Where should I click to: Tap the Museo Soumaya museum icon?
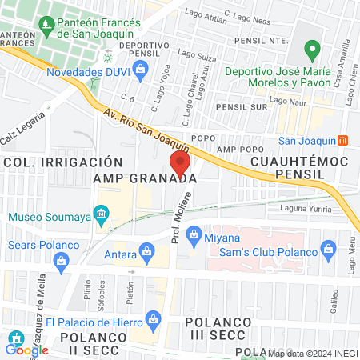[x=101, y=214]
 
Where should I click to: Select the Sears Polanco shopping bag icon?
[x=61, y=259]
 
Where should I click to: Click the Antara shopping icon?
[x=146, y=254]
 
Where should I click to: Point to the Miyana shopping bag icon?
[x=193, y=234]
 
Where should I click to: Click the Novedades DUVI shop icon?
[x=141, y=70]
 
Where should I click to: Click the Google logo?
[x=26, y=349]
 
